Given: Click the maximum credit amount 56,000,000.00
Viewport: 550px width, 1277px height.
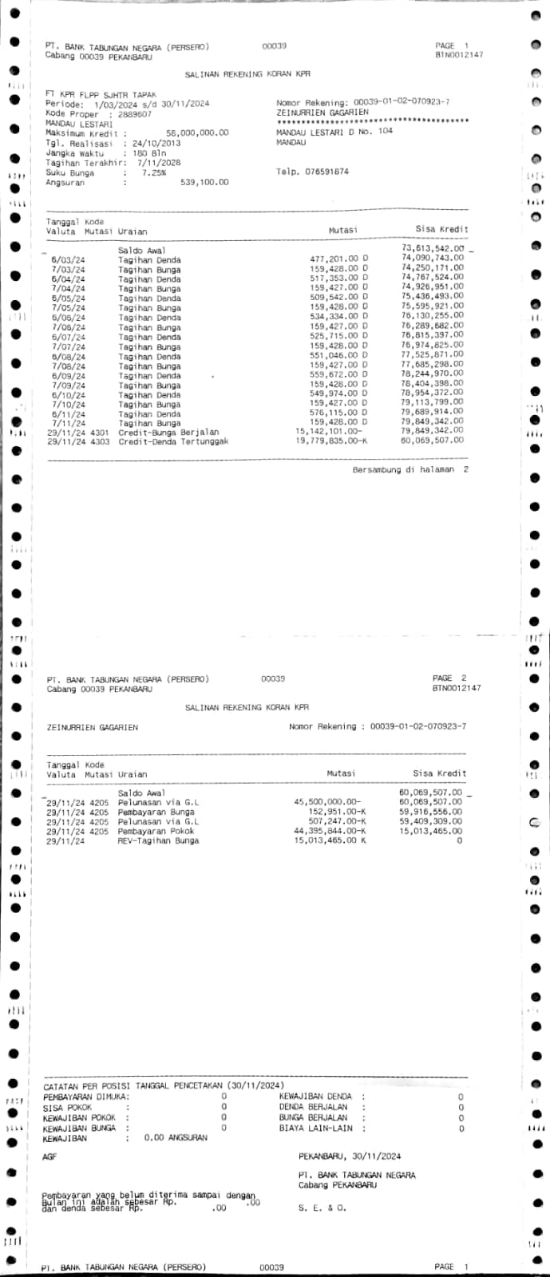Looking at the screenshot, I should (x=196, y=133).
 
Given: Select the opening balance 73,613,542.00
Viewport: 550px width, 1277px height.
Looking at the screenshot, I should (x=432, y=250).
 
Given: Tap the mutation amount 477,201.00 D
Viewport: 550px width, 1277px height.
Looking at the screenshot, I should (x=338, y=259).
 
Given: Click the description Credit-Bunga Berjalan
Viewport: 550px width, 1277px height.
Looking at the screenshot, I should (x=168, y=432).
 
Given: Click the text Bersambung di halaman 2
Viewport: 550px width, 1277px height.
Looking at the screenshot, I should (x=410, y=470).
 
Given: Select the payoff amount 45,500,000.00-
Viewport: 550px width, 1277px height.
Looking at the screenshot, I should (x=327, y=801).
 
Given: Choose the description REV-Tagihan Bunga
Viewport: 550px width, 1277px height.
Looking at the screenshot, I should (x=158, y=840).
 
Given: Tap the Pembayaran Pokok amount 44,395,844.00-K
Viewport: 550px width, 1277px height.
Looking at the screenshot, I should (x=330, y=831).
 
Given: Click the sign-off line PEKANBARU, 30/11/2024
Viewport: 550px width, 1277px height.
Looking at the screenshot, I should (x=350, y=1156).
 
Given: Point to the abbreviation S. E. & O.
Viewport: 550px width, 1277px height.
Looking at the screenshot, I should (x=322, y=1208).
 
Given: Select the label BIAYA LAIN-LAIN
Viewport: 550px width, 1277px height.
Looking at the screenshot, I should (x=315, y=1129).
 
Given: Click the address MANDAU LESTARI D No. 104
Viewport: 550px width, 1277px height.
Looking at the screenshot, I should (x=334, y=131).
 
